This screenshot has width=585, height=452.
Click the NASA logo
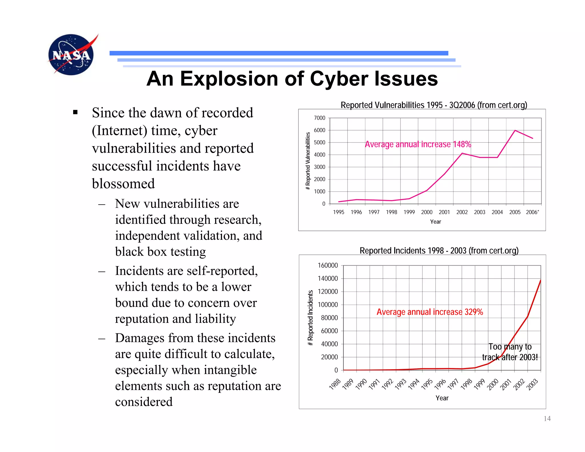point(71,55)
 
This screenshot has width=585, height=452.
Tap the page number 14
point(547,419)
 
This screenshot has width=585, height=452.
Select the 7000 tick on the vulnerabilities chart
point(319,118)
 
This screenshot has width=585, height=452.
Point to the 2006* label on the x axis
point(532,212)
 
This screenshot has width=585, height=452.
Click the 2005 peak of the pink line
point(515,131)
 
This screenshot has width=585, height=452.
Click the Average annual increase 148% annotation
point(418,144)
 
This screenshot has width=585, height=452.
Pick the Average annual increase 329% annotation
point(430,312)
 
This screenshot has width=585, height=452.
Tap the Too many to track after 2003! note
point(510,352)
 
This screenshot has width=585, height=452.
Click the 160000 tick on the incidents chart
point(328,265)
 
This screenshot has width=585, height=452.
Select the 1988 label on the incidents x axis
point(335,384)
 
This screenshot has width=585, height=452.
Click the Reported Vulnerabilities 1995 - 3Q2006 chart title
point(434,105)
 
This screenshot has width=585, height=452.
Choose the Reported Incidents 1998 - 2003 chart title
point(439,251)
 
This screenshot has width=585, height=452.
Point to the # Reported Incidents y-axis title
point(310,318)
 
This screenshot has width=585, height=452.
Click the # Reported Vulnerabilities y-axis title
point(308,161)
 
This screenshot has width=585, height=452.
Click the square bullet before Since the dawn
point(75,112)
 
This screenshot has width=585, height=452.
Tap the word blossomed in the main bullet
point(123,184)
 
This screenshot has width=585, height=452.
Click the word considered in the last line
point(144,402)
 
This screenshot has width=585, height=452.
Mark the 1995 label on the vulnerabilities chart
point(338,212)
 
